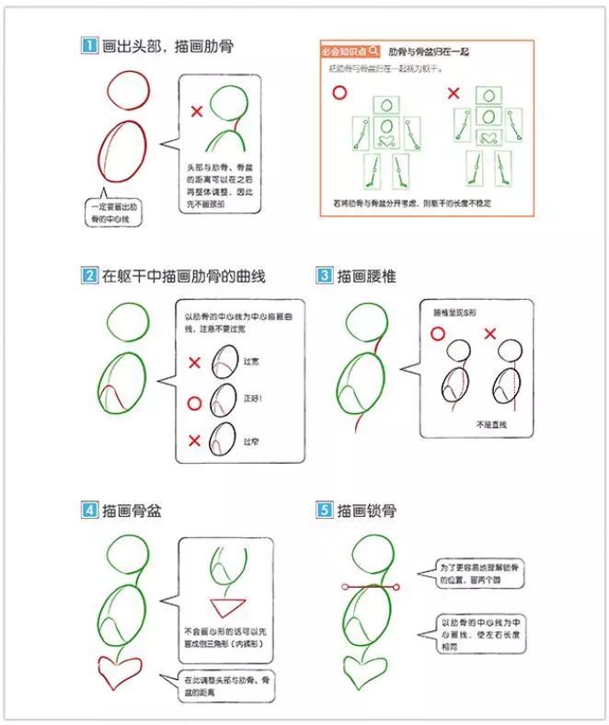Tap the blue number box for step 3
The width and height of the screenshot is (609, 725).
[x=324, y=275]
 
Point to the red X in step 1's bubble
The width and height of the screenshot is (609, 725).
[x=196, y=112]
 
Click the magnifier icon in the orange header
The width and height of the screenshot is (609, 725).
[x=373, y=52]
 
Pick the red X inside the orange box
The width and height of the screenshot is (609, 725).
[x=453, y=93]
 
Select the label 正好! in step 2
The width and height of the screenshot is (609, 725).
[x=254, y=399]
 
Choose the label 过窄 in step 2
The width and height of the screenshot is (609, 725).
[x=251, y=441]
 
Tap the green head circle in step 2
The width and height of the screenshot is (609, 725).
[x=128, y=323]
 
